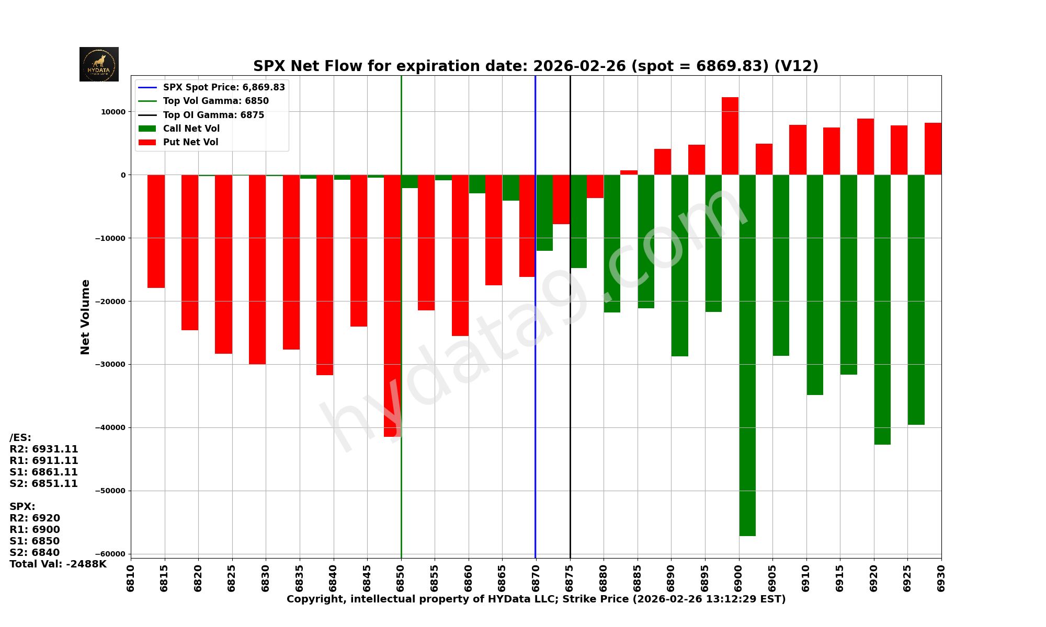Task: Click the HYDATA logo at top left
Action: tap(99, 64)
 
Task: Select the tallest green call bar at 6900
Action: tap(747, 355)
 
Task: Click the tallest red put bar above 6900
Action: tap(730, 136)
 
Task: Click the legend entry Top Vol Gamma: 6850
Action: tap(215, 101)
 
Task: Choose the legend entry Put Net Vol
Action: tap(190, 142)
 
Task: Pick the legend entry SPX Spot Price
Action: tap(224, 87)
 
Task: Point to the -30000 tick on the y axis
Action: tap(110, 364)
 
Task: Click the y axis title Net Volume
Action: tap(85, 317)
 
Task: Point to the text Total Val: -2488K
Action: tap(58, 564)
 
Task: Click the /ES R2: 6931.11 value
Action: tap(44, 449)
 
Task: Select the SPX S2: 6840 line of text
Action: tap(35, 553)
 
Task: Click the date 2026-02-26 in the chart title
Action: tap(579, 66)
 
